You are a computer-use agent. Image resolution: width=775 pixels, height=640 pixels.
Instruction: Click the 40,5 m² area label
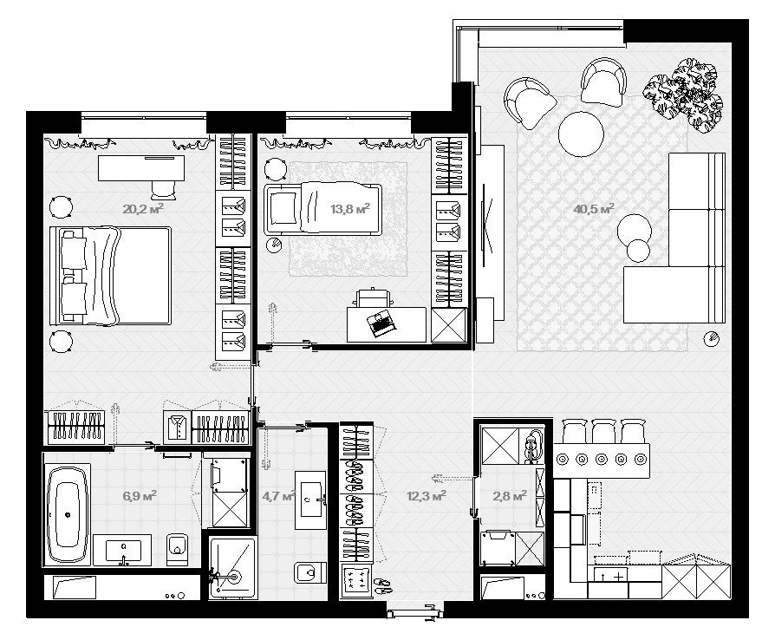594,209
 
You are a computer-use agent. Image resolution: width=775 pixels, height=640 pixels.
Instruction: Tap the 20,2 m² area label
143,209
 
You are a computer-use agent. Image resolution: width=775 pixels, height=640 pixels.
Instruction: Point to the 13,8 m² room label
350,209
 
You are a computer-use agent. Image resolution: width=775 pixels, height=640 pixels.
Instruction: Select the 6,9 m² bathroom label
140,495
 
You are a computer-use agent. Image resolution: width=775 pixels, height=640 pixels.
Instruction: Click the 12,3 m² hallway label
427,495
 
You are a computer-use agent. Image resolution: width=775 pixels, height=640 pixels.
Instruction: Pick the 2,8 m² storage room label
510,495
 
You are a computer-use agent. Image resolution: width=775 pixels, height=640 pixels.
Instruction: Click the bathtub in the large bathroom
68,514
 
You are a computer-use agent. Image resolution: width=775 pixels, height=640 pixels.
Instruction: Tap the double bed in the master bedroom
111,276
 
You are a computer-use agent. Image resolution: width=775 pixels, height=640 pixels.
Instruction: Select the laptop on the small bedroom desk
381,323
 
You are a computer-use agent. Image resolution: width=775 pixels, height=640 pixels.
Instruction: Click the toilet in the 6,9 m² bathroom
177,549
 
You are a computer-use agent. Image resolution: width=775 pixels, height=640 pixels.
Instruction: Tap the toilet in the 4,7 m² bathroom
309,572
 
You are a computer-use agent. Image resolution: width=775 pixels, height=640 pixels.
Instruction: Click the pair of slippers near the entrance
381,585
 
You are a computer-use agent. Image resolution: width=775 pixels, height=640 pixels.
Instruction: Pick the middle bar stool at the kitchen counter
603,431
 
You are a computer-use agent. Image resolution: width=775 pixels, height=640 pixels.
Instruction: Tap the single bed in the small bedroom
322,209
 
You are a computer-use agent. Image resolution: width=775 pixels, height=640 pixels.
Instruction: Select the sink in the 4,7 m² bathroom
310,500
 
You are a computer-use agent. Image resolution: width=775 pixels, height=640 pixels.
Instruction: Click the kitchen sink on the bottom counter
611,575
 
